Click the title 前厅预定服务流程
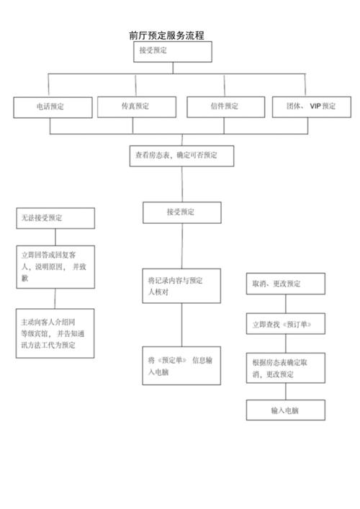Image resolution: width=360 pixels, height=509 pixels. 166,35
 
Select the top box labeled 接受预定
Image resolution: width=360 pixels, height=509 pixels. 172,51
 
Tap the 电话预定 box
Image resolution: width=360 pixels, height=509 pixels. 53,107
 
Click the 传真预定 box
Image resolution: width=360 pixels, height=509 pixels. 137,107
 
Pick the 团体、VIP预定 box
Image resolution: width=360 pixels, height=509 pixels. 311,107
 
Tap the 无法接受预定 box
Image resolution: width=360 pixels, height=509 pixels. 55,218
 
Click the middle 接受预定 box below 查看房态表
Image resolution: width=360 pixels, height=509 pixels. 181,212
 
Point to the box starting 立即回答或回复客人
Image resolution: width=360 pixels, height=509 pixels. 55,267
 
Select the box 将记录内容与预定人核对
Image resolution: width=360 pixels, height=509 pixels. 181,287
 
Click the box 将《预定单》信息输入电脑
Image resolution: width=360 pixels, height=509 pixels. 181,366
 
